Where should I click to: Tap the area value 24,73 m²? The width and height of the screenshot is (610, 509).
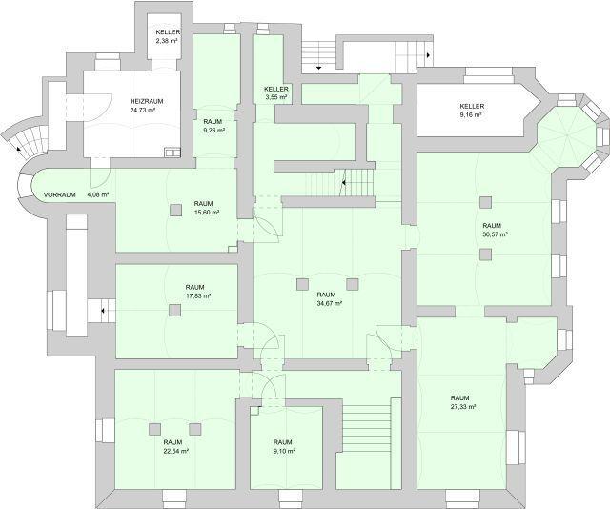coord(143,111)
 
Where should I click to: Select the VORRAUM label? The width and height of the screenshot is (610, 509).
coord(59,194)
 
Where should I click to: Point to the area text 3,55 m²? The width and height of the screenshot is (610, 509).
coord(276,97)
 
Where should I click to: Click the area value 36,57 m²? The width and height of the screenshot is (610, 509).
coord(494,234)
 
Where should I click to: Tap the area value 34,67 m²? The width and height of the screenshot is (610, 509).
coord(328,303)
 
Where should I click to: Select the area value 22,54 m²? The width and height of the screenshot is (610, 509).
coord(173,451)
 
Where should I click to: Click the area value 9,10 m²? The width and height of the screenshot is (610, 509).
coord(282,451)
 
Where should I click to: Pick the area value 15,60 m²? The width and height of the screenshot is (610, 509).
coord(204,212)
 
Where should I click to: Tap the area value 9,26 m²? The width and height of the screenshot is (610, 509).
coord(213,131)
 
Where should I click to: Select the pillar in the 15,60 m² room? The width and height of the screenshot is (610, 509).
coord(175,210)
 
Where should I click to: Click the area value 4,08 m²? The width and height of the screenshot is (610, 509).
coord(98,194)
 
